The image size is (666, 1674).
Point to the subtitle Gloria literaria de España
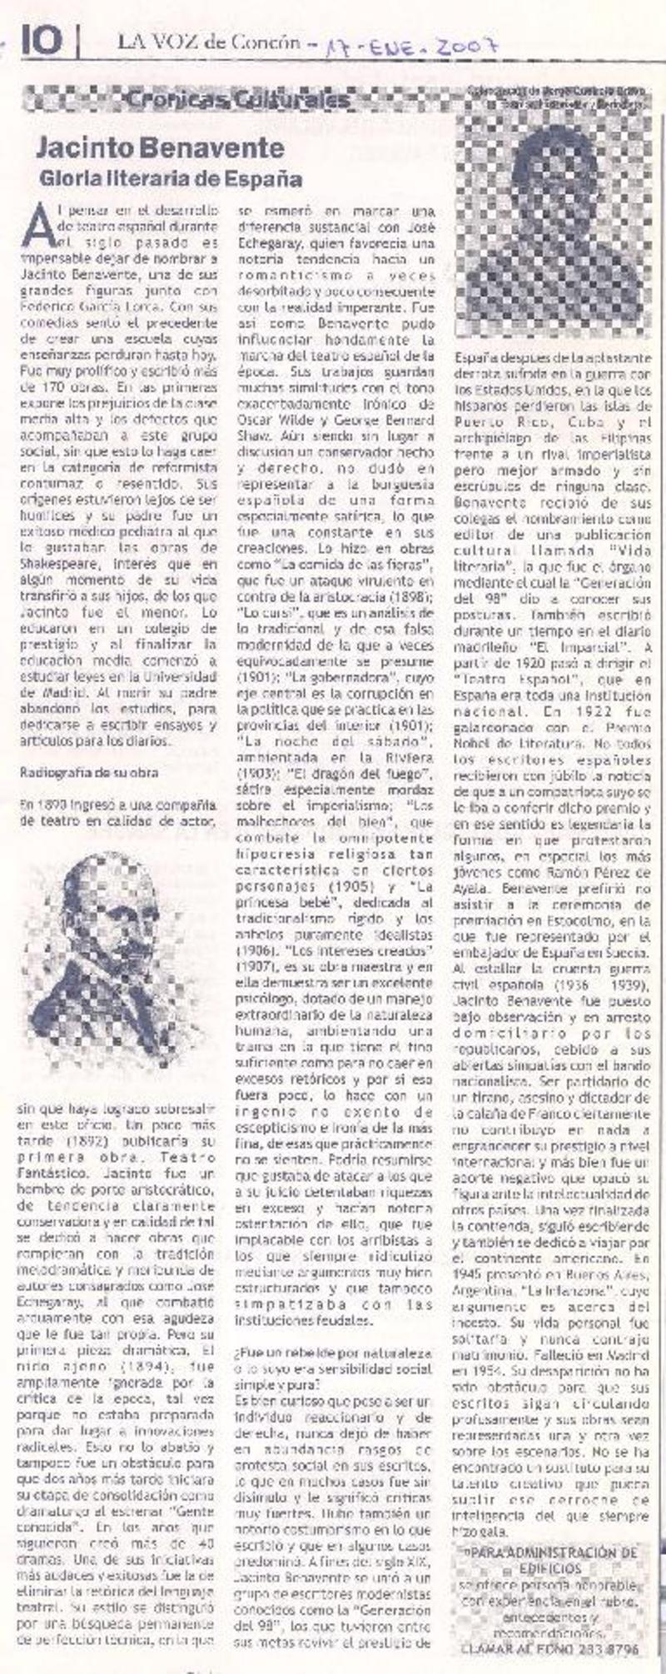point(171,178)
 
